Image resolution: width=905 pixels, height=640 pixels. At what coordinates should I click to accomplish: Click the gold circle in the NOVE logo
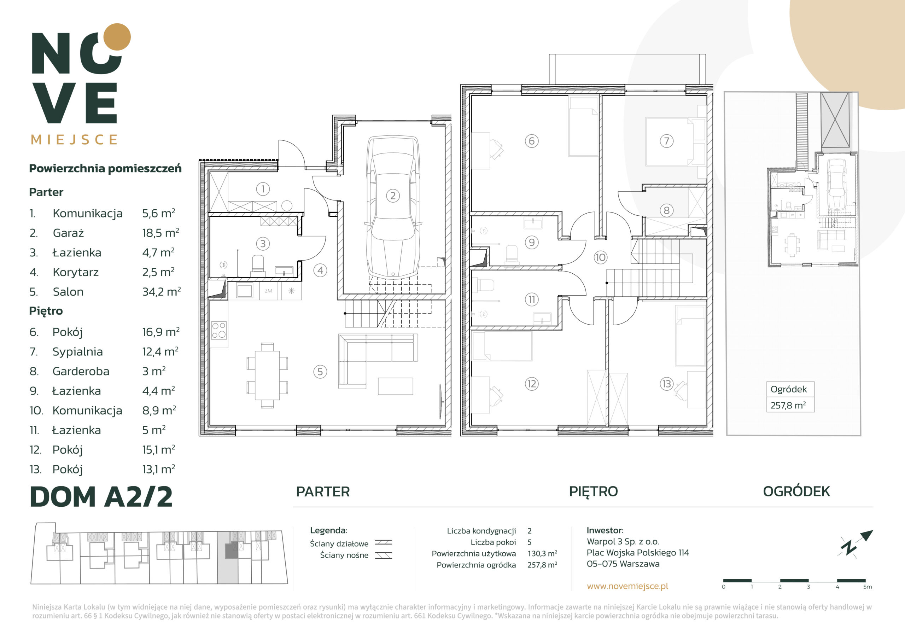coord(117,37)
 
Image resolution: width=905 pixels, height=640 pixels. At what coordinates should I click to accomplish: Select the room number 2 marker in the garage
coord(393,196)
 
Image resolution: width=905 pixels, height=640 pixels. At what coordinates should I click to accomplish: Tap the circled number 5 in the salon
coord(320,372)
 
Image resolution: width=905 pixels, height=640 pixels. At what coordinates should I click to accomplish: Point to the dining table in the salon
coord(267,376)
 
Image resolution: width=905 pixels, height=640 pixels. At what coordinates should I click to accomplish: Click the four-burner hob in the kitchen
coord(219,331)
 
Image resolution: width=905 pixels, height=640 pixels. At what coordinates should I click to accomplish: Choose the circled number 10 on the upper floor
coord(600,257)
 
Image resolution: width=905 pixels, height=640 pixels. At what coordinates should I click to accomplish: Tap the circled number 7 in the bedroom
coord(666,141)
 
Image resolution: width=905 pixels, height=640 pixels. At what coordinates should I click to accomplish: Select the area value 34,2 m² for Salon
coord(162,292)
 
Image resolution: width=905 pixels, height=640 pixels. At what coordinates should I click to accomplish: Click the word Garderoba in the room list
coord(81,371)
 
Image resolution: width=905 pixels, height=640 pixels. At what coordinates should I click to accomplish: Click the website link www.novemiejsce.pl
coord(627,586)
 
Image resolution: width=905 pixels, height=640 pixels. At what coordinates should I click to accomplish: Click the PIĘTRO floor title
coord(593,491)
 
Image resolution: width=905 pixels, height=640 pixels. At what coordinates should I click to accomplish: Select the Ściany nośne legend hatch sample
coord(383,555)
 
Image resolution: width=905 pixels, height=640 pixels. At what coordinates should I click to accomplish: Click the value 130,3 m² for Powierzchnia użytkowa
coord(542,554)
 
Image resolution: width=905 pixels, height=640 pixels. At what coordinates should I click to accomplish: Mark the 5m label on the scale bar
coord(867,587)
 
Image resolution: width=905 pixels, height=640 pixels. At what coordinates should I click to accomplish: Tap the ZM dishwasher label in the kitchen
coord(268,291)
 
